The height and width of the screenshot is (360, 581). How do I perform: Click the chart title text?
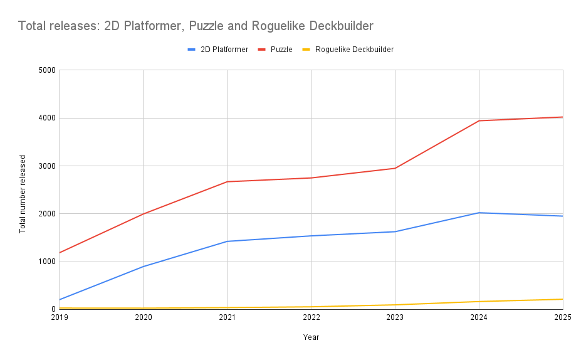pos(196,26)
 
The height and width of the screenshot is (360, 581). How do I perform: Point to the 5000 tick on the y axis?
pos(48,70)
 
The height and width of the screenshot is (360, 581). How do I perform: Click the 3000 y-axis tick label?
pos(48,166)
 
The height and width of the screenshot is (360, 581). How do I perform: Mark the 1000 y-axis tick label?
pos(48,262)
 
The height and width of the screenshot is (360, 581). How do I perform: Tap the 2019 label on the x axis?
pos(59,318)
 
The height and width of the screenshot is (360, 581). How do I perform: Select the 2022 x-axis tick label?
pos(311,318)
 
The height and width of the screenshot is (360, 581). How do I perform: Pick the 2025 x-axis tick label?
pos(562,318)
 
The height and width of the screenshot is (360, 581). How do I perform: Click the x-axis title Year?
pos(311,337)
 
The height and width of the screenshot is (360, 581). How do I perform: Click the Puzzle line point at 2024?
pos(479,120)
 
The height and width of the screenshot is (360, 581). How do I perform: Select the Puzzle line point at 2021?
pos(227,182)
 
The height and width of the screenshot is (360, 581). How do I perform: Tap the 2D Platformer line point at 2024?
pos(479,213)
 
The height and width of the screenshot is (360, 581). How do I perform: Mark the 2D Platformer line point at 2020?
pos(143,267)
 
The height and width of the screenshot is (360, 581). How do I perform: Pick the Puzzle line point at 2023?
pos(395,168)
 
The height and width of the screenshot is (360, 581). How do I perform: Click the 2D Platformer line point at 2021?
pos(227,241)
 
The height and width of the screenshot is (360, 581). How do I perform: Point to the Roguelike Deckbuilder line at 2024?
pos(479,302)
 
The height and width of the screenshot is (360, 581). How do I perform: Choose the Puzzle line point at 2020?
pos(143,214)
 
